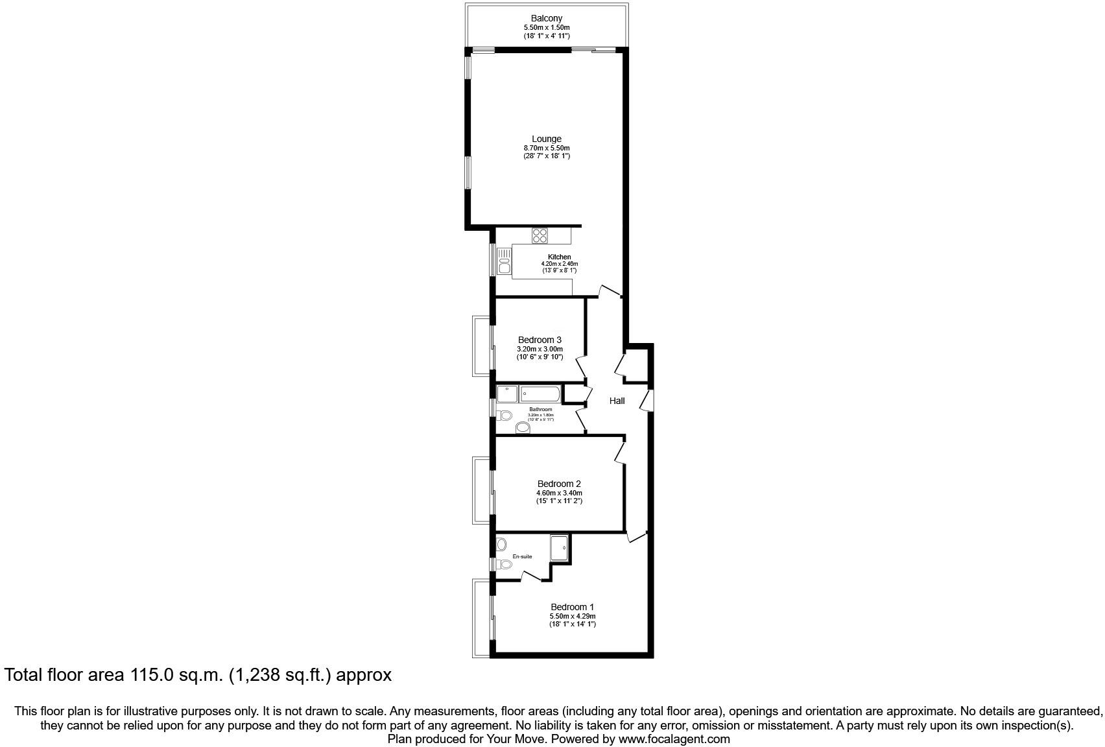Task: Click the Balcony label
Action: point(546,18)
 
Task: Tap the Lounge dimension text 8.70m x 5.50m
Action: point(546,148)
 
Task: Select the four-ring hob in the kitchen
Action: point(540,235)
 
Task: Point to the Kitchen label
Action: point(559,257)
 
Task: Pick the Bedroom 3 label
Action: point(540,340)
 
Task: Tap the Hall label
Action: point(617,401)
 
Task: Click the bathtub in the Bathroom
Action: point(540,394)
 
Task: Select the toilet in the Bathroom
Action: point(504,415)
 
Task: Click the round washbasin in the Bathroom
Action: point(523,428)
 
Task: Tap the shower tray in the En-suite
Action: point(559,547)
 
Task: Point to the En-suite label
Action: point(522,556)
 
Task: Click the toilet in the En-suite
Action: point(504,564)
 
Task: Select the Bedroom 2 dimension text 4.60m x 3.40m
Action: point(558,493)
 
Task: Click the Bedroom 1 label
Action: point(572,607)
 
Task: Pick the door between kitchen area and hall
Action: point(610,291)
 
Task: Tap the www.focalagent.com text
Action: point(674,739)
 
